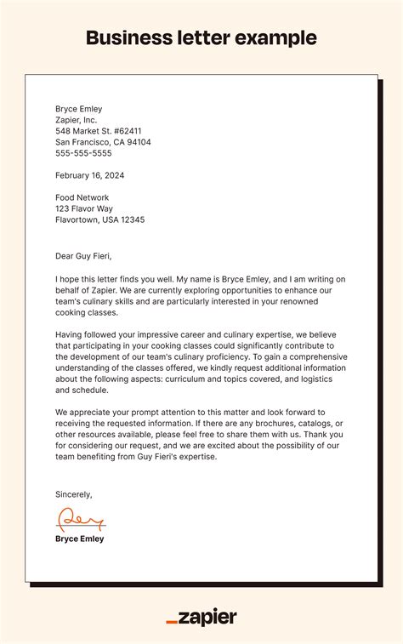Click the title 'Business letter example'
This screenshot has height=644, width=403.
tap(201, 38)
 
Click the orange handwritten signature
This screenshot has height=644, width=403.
tap(80, 519)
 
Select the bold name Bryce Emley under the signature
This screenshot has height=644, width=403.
tap(80, 539)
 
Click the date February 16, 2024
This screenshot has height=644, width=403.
tap(90, 175)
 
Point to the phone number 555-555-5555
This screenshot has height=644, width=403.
tap(83, 153)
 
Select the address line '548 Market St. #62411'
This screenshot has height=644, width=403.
tap(99, 131)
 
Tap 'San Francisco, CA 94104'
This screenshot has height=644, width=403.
tap(103, 142)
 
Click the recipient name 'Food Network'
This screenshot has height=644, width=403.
tap(82, 197)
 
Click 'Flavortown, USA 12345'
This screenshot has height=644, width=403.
tap(99, 219)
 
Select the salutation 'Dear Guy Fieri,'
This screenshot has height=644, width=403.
tap(83, 256)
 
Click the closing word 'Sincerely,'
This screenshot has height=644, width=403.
tap(74, 494)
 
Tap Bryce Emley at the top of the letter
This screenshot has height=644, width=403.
tap(78, 109)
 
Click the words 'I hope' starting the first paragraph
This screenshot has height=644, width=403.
tap(68, 278)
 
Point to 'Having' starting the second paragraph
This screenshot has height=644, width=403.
tap(70, 334)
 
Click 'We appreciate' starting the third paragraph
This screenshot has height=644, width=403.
tap(83, 413)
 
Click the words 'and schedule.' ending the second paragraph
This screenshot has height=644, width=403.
tap(82, 390)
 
